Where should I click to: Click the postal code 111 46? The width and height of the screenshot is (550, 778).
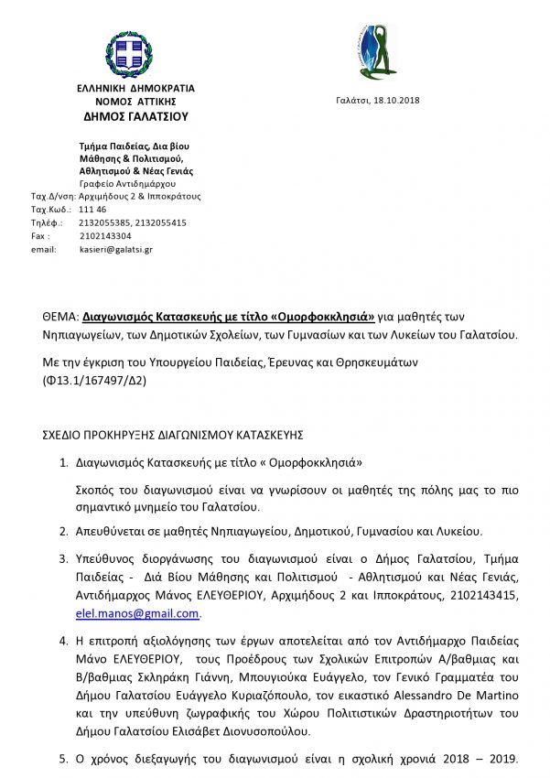click(x=92, y=209)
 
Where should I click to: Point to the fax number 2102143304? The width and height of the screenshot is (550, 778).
click(x=105, y=235)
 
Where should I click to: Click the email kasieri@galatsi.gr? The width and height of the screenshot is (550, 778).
click(x=116, y=248)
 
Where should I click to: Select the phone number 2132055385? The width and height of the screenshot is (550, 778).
click(x=105, y=222)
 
